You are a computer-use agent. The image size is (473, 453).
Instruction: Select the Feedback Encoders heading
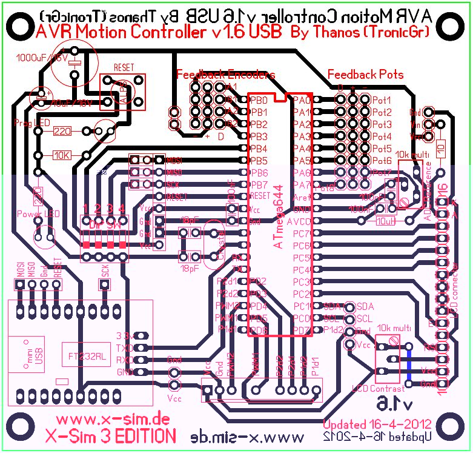(225, 75)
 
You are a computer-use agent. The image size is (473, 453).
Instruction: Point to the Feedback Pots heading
(365, 75)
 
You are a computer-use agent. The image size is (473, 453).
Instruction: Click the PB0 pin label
(259, 100)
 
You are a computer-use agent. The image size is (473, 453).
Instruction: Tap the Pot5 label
(382, 149)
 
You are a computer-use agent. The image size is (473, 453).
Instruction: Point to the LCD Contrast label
(377, 388)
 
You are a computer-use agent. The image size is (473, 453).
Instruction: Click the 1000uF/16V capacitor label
(36, 59)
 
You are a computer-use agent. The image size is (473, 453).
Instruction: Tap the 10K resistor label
(62, 155)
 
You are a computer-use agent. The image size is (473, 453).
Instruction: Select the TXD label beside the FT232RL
(124, 347)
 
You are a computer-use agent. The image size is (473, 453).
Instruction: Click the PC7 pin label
(302, 233)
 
